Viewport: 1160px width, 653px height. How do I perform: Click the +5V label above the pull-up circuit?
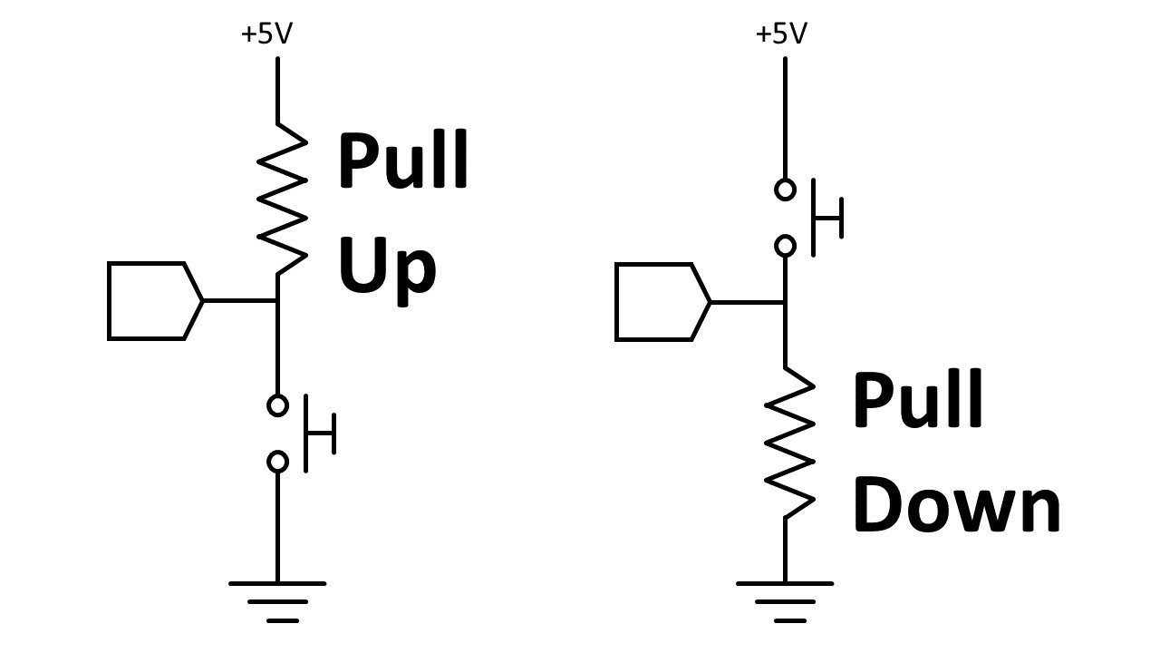pyautogui.click(x=266, y=34)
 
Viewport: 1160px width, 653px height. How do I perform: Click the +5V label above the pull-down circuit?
pyautogui.click(x=780, y=34)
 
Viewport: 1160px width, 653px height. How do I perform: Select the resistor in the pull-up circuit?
pyautogui.click(x=281, y=200)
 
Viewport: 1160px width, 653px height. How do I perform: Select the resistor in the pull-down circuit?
pyautogui.click(x=787, y=442)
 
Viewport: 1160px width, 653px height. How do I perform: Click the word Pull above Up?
pyautogui.click(x=403, y=161)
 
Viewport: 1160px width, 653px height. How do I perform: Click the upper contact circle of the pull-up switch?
pyautogui.click(x=277, y=405)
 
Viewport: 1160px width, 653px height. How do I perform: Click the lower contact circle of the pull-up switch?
pyautogui.click(x=277, y=463)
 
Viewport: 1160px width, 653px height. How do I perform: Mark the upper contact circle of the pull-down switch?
pyautogui.click(x=785, y=190)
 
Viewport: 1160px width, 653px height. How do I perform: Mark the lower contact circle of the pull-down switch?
pyautogui.click(x=785, y=246)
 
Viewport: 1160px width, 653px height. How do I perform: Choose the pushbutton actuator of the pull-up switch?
pyautogui.click(x=319, y=434)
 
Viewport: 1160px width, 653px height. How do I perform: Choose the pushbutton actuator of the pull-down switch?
pyautogui.click(x=826, y=218)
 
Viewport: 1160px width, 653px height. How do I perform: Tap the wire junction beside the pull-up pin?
pyautogui.click(x=277, y=300)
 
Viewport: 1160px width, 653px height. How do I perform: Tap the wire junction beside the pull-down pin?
pyautogui.click(x=785, y=301)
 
